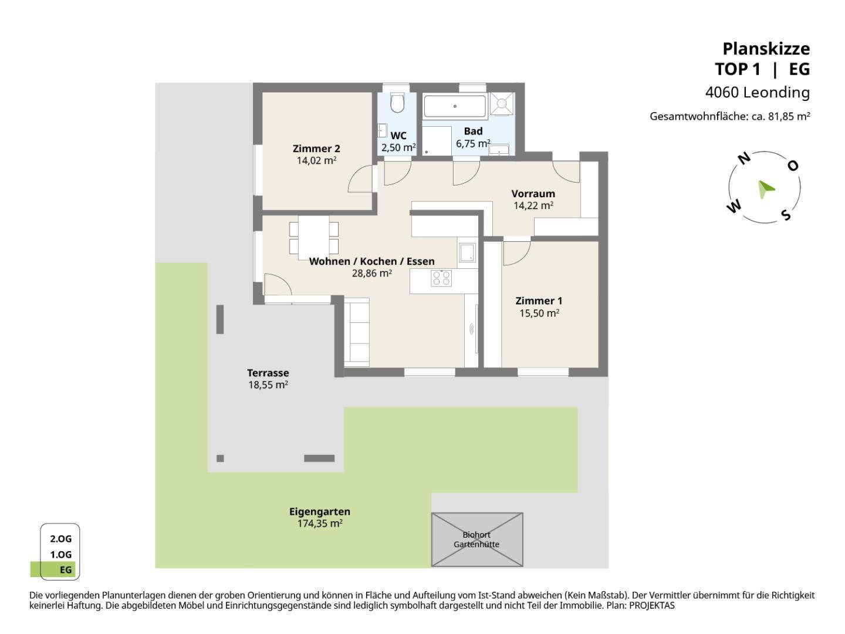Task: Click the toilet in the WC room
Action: pos(397,102)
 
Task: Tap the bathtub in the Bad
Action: pos(455,106)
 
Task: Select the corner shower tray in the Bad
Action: pos(501,103)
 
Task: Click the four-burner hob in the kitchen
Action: pos(441,278)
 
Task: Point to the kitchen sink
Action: pos(467,252)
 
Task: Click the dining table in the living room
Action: pos(313,238)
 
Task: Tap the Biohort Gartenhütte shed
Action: pos(476,539)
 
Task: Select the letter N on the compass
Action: pos(743,158)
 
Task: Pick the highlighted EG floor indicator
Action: pos(53,569)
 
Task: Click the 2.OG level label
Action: pos(60,538)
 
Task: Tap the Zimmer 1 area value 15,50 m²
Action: pos(539,313)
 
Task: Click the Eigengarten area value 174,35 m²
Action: pos(320,524)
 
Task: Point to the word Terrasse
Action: pos(268,373)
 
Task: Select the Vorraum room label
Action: pos(533,193)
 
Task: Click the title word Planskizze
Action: pos(766,49)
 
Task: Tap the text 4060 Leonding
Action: pos(757,92)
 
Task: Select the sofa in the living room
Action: pos(356,332)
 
